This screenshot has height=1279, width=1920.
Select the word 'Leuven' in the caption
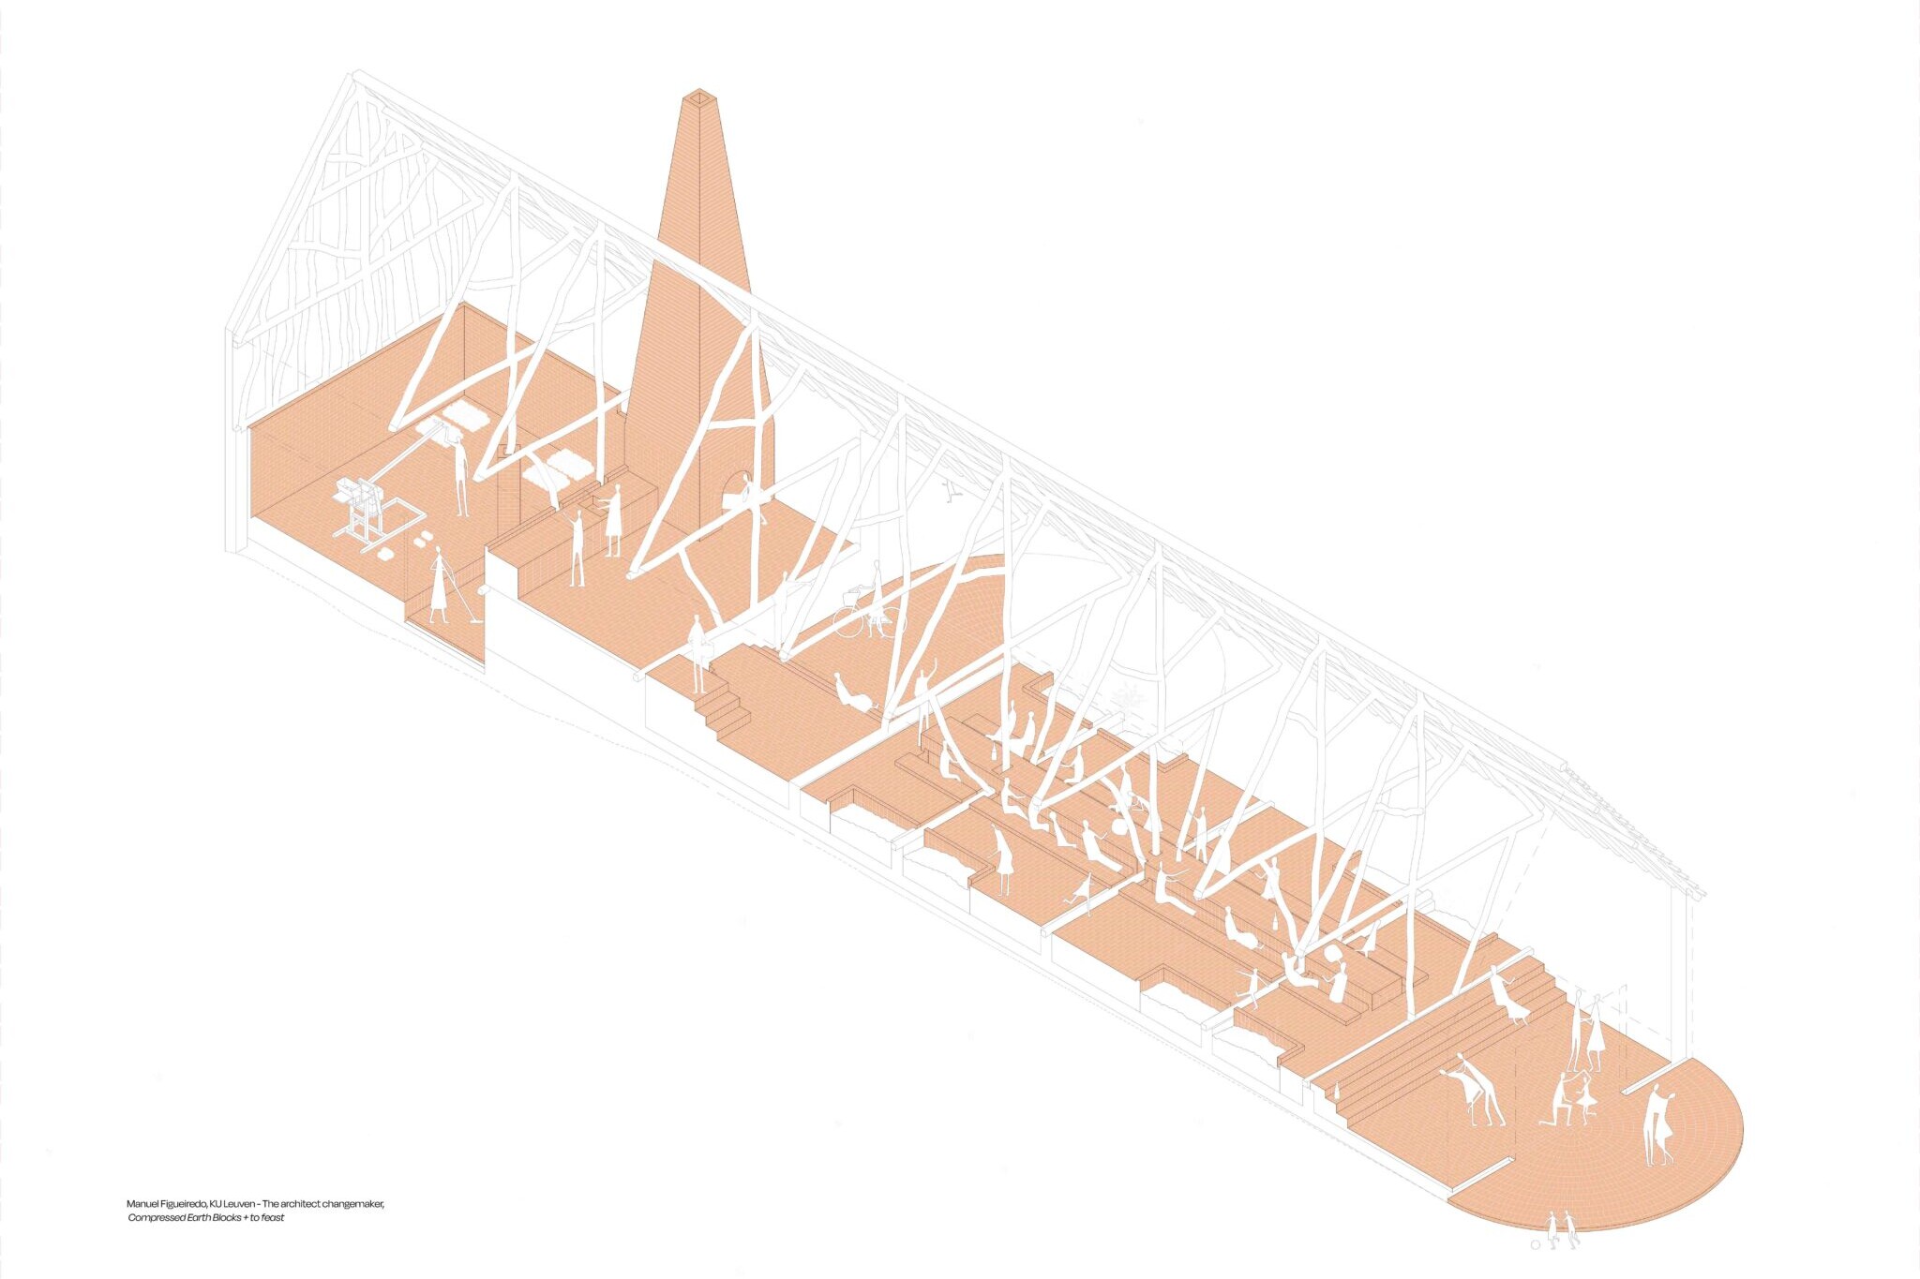coord(238,1203)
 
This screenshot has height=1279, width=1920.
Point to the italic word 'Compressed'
coord(153,1218)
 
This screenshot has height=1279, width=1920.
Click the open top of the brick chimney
coord(698,95)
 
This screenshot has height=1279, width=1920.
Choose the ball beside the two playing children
coord(1535,1245)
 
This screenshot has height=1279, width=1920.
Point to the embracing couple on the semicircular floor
coord(1658,1124)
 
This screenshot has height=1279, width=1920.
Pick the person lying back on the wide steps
coord(1506,999)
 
